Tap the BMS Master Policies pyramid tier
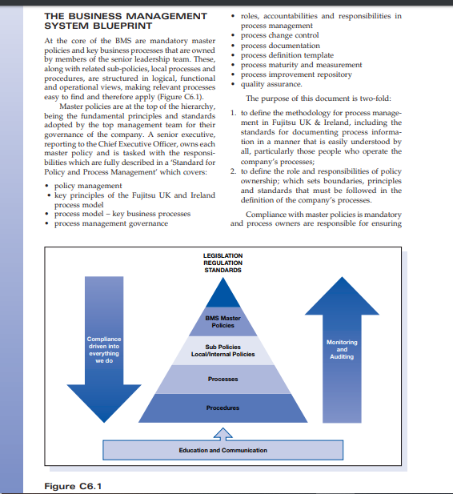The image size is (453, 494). click(222, 322)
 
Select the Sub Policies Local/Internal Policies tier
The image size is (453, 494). click(222, 351)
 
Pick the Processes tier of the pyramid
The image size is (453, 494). click(222, 379)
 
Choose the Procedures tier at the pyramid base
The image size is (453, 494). click(222, 408)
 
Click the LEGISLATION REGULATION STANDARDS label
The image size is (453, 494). click(222, 263)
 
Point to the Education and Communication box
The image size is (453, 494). click(222, 450)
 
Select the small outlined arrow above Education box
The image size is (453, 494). click(222, 432)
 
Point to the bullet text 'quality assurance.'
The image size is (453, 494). click(271, 84)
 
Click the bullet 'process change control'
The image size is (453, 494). click(279, 36)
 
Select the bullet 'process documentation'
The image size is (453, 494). click(280, 46)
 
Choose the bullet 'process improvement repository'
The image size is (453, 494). click(296, 74)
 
